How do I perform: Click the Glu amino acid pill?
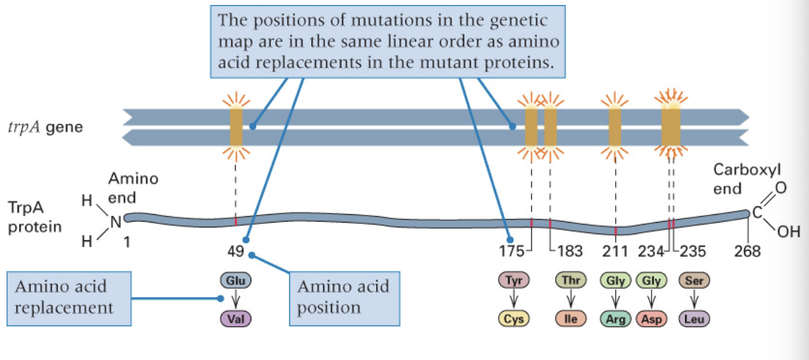click(236, 281)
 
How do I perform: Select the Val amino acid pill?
click(236, 319)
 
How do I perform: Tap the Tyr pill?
click(514, 281)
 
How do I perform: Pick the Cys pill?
click(514, 319)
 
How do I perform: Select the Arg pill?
click(616, 319)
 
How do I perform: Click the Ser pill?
click(694, 281)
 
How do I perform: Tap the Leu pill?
click(694, 319)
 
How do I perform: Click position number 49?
click(236, 252)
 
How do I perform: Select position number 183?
click(569, 252)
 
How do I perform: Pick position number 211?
click(615, 252)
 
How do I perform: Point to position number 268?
click(748, 252)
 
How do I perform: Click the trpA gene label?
click(45, 127)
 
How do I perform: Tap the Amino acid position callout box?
click(344, 297)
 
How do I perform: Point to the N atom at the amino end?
click(115, 221)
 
